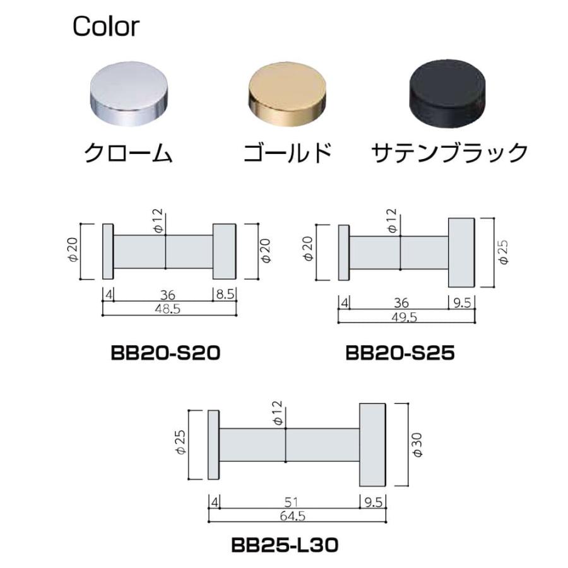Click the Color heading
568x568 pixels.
pyautogui.click(x=106, y=27)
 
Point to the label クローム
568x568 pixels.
pyautogui.click(x=129, y=153)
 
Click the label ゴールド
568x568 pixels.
pyautogui.click(x=287, y=153)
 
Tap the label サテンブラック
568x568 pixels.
pyautogui.click(x=449, y=153)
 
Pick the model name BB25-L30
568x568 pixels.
pyautogui.click(x=284, y=544)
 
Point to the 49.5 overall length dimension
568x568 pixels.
pyautogui.click(x=405, y=317)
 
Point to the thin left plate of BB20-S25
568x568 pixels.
pyautogui.click(x=344, y=252)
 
